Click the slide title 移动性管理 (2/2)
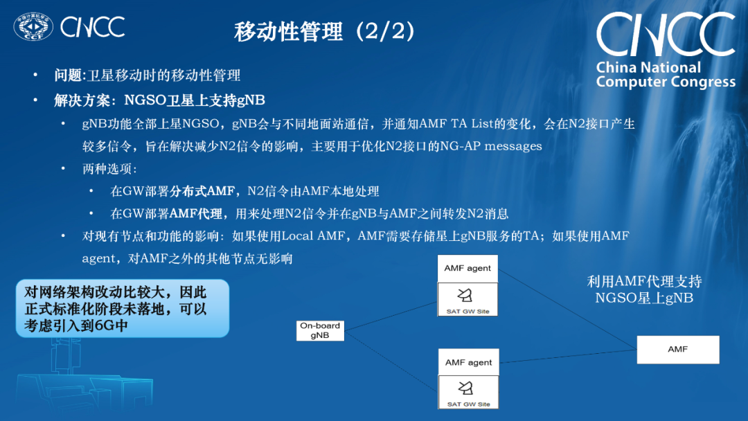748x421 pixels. [x=325, y=32]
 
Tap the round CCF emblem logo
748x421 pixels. [x=33, y=28]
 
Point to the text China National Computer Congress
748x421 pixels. [x=665, y=75]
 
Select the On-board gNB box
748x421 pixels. [x=320, y=330]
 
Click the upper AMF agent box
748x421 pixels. [x=467, y=269]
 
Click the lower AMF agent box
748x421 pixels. [x=468, y=362]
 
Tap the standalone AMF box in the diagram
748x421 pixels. [x=677, y=350]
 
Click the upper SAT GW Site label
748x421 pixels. [x=468, y=312]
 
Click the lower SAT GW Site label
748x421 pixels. [x=468, y=404]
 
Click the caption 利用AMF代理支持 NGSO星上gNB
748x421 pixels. [x=644, y=289]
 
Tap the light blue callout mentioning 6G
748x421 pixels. [x=122, y=308]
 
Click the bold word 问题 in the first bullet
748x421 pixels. [x=68, y=75]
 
